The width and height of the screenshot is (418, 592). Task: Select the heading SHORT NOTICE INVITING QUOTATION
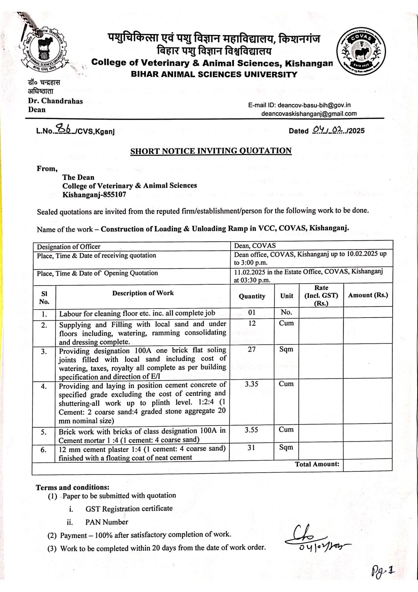211,151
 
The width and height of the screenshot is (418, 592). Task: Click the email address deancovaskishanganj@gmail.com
309,113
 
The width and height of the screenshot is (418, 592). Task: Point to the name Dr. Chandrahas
55,101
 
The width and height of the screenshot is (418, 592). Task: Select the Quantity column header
252,296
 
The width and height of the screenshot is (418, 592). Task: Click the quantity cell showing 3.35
252,384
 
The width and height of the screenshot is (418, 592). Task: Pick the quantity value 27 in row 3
252,349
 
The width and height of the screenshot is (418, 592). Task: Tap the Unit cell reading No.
286,312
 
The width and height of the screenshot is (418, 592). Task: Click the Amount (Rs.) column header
368,295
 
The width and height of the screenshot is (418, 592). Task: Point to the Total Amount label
317,464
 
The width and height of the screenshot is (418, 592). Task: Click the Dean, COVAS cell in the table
255,246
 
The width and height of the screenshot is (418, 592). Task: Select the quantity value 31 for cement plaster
252,447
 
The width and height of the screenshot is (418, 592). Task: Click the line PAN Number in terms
107,522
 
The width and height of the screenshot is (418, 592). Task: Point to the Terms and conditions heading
73,487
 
